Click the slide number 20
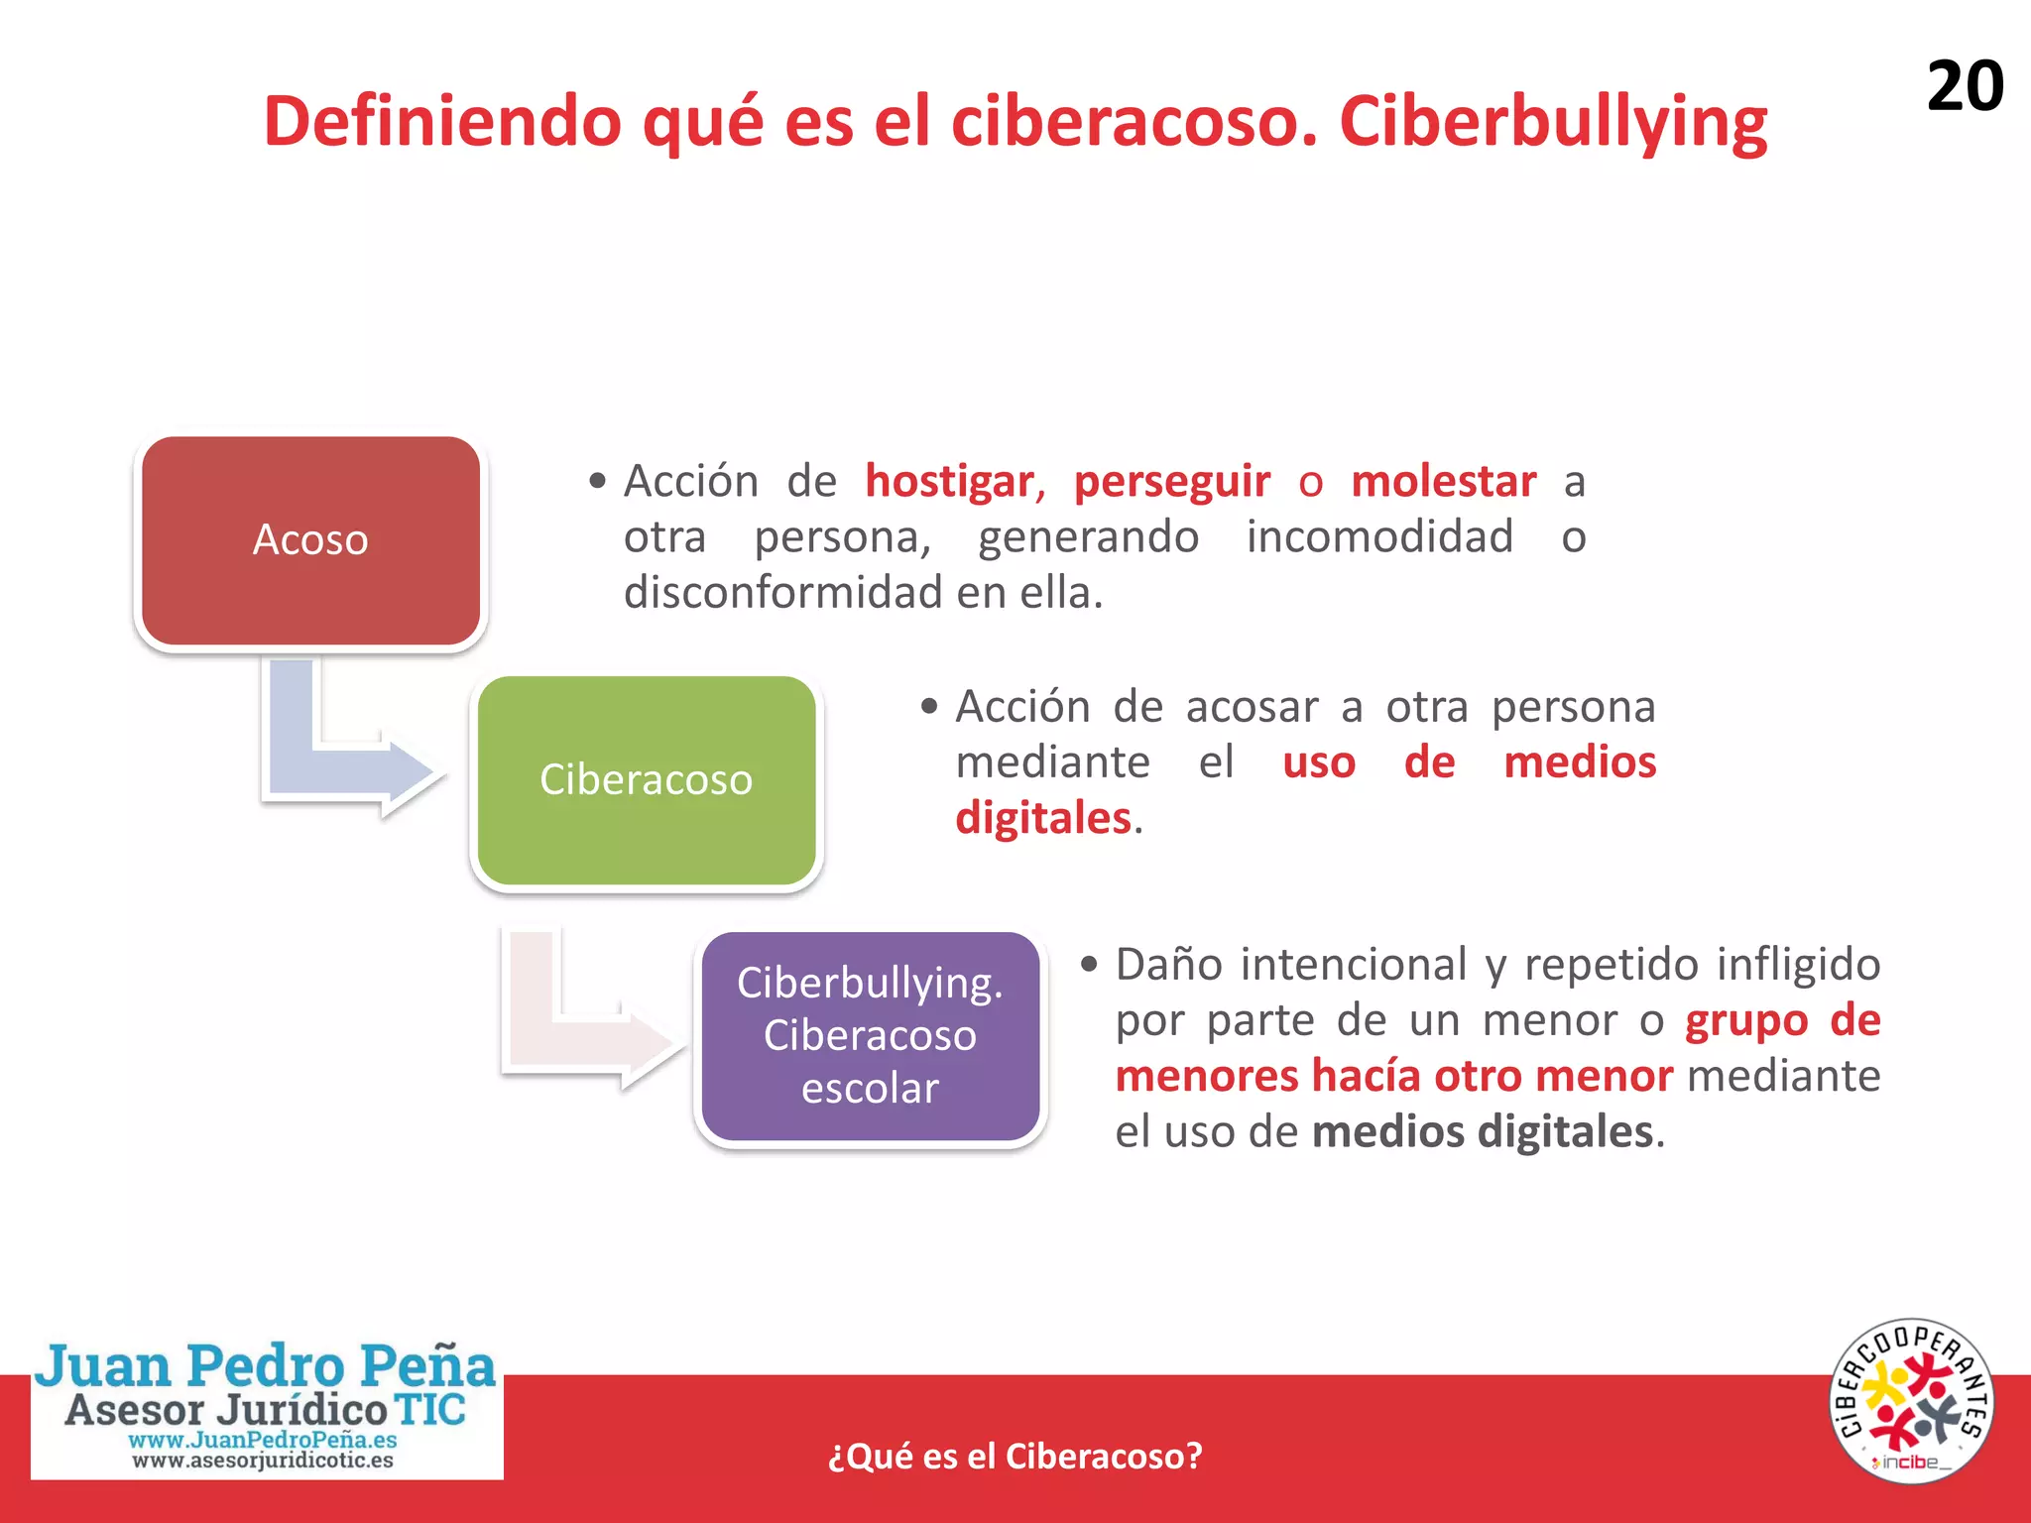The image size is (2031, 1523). [1965, 86]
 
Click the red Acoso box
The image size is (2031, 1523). [310, 541]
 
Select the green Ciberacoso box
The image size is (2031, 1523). [646, 780]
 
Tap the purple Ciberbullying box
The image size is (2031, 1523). [870, 1036]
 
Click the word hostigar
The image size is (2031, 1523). [950, 482]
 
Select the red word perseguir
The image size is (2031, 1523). [1171, 482]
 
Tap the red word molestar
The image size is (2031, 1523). [1443, 482]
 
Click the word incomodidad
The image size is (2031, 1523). [1379, 537]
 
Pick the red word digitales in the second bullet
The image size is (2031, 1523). [1043, 819]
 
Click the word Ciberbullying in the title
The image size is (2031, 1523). [1553, 123]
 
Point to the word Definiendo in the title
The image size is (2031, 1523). [441, 121]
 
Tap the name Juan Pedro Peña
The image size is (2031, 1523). [266, 1366]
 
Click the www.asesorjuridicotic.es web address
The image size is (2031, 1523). [263, 1461]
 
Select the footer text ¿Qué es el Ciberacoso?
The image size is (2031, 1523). [1015, 1456]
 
